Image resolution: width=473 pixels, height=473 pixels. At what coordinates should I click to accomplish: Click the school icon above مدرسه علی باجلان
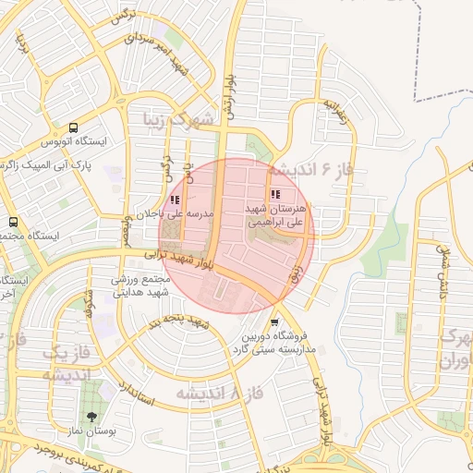(x=175, y=200)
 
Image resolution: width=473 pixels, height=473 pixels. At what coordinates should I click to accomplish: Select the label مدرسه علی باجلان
(x=175, y=214)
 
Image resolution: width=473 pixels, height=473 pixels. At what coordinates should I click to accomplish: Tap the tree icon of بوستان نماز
(x=91, y=413)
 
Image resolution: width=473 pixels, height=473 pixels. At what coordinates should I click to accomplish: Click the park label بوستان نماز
(x=91, y=431)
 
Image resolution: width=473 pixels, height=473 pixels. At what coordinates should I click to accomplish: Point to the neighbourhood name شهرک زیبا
(x=177, y=118)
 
